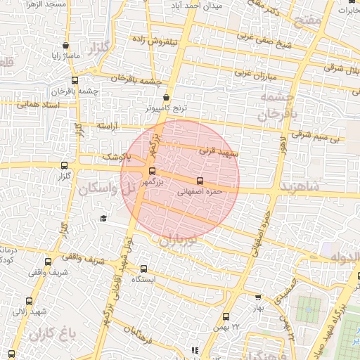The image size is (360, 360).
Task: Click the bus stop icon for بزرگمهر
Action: [x=152, y=171]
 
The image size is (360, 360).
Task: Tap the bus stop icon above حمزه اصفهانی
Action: [x=200, y=180]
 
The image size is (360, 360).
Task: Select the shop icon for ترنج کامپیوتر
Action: [x=167, y=98]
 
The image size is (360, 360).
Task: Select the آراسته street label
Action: [x=105, y=126]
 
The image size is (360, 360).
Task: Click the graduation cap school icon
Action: [x=103, y=219]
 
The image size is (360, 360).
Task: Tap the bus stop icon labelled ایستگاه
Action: [x=143, y=269]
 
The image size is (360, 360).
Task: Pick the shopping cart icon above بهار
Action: [x=257, y=297]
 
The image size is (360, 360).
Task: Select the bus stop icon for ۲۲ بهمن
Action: [x=226, y=316]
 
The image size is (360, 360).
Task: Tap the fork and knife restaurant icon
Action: [x=195, y=350]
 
